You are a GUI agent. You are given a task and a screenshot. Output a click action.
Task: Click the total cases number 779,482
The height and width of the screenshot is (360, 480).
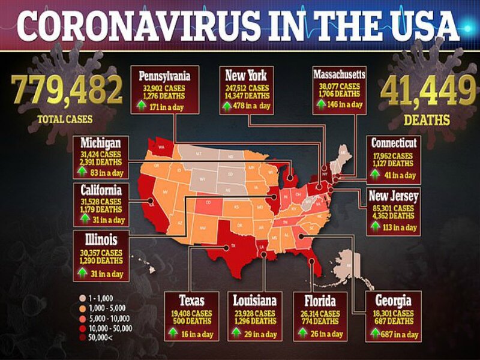point(68,90)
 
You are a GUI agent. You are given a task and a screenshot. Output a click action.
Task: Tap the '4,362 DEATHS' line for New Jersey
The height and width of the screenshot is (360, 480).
point(393,215)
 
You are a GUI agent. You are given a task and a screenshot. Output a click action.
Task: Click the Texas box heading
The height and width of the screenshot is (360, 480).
point(192,301)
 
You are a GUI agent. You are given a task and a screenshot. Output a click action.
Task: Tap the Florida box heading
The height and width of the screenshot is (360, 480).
point(318,301)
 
